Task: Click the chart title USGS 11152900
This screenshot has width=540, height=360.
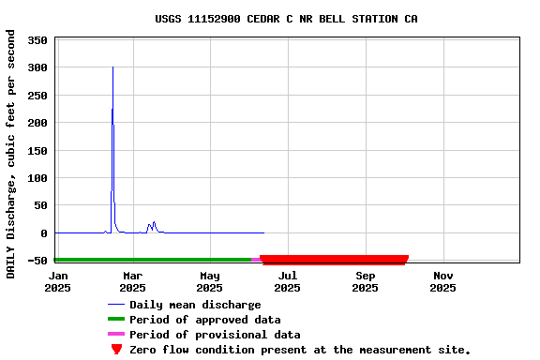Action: coord(286,19)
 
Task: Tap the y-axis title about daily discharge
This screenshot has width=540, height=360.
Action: coord(11,154)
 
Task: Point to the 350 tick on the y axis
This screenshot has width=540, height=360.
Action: coord(37,40)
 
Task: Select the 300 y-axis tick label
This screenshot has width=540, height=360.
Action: coord(37,67)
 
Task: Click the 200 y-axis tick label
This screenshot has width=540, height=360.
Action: coord(37,123)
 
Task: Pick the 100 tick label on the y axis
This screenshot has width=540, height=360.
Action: coord(37,178)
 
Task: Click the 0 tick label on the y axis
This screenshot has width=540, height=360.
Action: coord(43,233)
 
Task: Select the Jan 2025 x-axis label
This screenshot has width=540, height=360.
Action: coord(58,281)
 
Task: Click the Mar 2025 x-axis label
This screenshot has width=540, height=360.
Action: coord(132,281)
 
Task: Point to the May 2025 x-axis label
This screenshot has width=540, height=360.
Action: coord(210,281)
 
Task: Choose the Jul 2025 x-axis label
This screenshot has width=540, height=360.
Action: coord(288,281)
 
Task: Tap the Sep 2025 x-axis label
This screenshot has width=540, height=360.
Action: coord(365,281)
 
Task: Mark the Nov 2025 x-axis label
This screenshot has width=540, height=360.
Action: coord(442,281)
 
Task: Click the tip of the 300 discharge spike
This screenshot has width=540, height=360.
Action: coord(112,67)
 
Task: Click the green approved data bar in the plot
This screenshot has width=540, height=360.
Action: coord(150,260)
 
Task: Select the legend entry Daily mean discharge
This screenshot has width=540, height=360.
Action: coord(195,305)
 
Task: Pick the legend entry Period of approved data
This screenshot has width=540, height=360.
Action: coord(204,320)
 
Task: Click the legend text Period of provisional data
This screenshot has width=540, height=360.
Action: coord(215,335)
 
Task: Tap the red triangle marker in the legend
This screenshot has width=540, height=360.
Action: coord(116,350)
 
